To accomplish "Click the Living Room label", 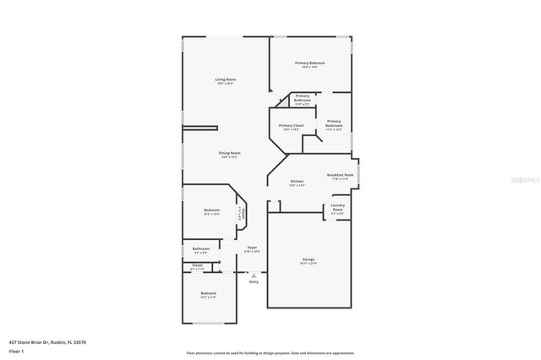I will pos(224,79).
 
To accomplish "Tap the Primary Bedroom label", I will pos(309,63).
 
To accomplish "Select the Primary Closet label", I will pos(291,125).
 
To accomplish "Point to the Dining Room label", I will pos(230,153).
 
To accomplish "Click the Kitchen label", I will pos(297,182).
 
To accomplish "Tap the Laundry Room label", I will pos(337,207).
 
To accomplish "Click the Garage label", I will pos(309,259).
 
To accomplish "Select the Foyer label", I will pos(252,248).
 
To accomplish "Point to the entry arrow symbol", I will pos(253,274).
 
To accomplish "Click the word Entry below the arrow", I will pos(253,281).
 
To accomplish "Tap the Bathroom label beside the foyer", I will pos(201,248).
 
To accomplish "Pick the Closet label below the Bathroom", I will pos(197,265).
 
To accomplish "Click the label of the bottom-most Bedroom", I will pos(208,293).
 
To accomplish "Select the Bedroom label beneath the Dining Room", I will pos(211,210).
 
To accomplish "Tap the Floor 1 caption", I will pos(16,350).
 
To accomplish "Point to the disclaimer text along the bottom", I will pos(270,352).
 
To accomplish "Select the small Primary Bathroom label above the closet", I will pos(302,98).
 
